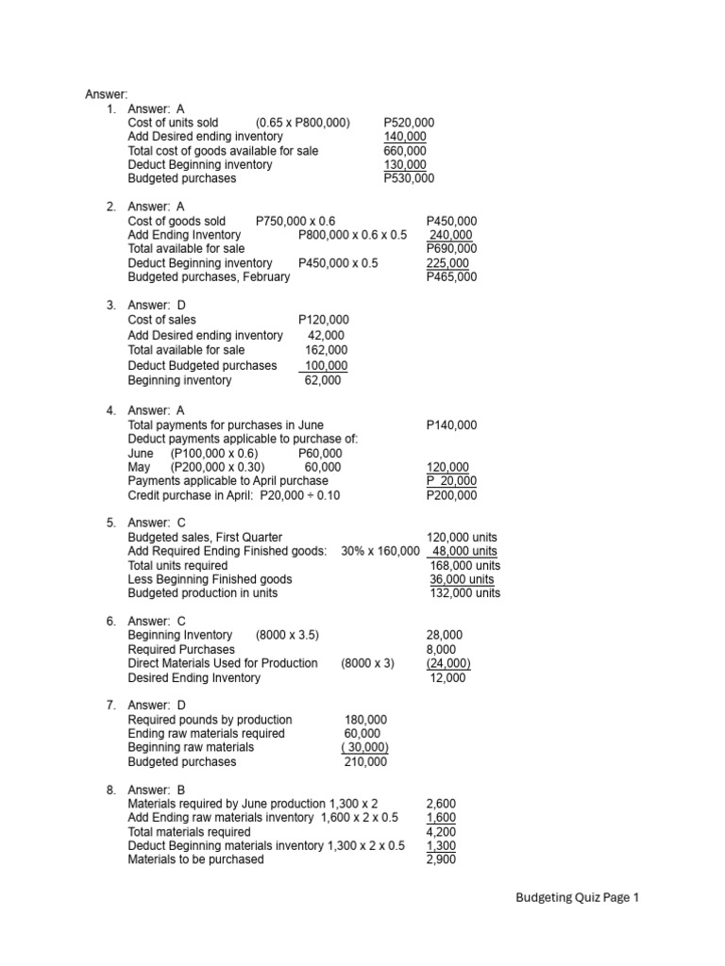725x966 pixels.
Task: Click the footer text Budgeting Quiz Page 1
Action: coord(577,899)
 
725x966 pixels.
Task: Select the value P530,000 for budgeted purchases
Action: coord(409,178)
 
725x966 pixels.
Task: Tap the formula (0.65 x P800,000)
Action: coord(302,123)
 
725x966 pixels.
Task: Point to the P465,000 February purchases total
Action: coord(451,277)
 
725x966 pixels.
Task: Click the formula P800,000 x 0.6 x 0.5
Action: coord(352,236)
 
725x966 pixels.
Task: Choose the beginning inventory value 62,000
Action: coord(323,380)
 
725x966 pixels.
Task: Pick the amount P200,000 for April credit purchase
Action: coord(451,495)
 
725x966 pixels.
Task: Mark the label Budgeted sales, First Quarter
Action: coord(205,537)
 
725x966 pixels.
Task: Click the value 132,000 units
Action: coord(464,593)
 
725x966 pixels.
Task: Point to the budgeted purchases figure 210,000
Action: coord(365,761)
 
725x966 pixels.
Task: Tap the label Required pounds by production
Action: coord(210,720)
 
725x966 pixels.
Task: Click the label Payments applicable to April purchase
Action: coord(228,481)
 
